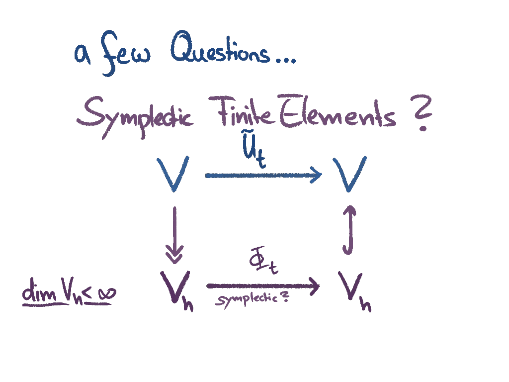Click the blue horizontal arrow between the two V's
(x=263, y=175)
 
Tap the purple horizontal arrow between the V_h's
(x=262, y=286)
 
